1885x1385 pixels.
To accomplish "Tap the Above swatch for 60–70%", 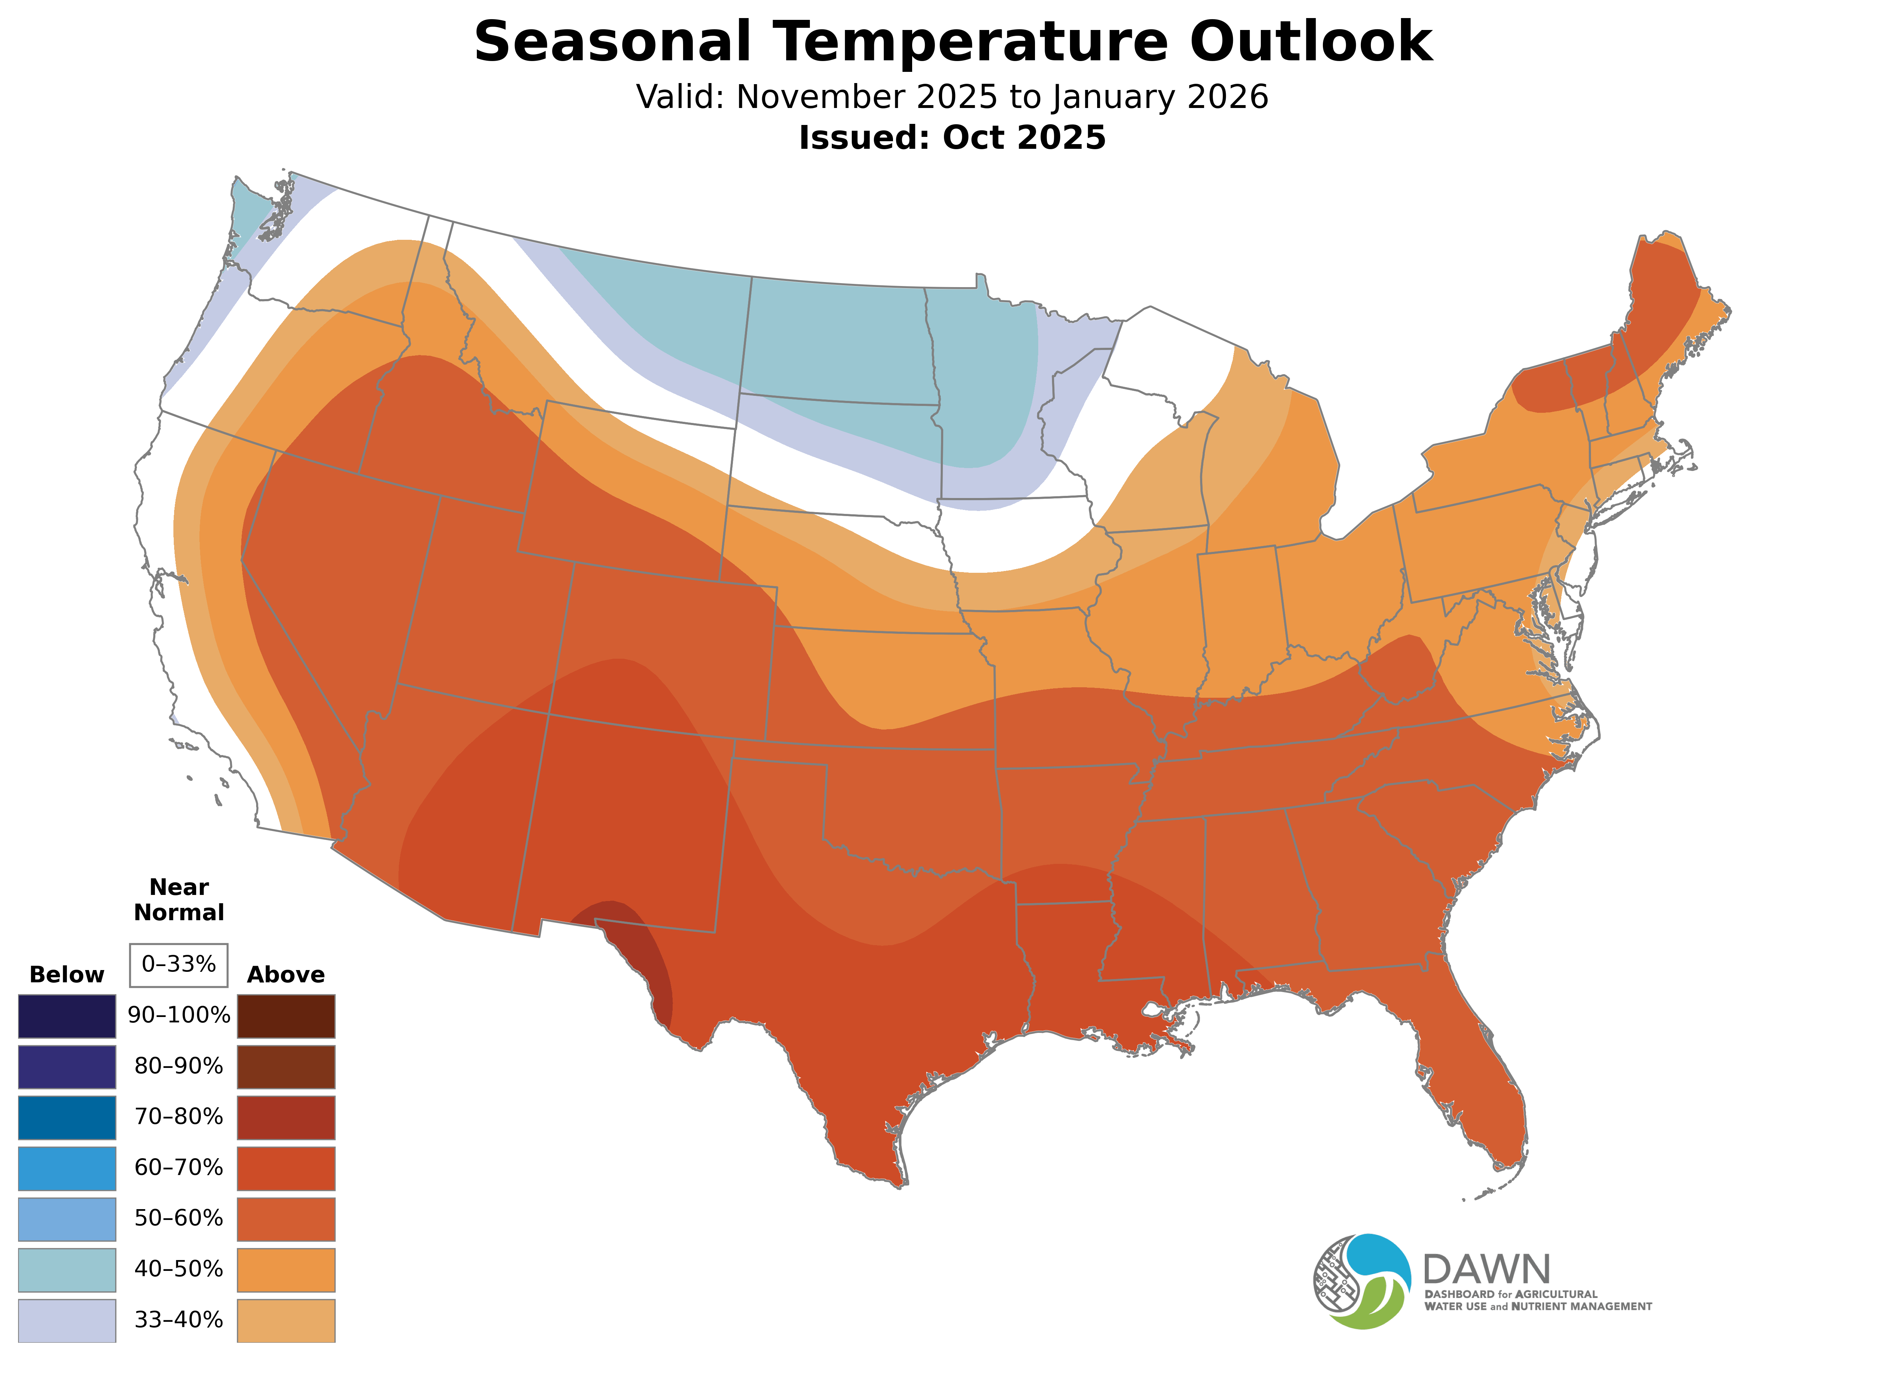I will tap(286, 1168).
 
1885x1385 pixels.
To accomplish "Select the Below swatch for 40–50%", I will tap(67, 1269).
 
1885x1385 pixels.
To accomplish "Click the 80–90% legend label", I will tap(178, 1066).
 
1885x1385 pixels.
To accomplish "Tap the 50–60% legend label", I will tap(178, 1218).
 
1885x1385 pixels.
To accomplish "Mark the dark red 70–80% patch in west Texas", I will tap(637, 956).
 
